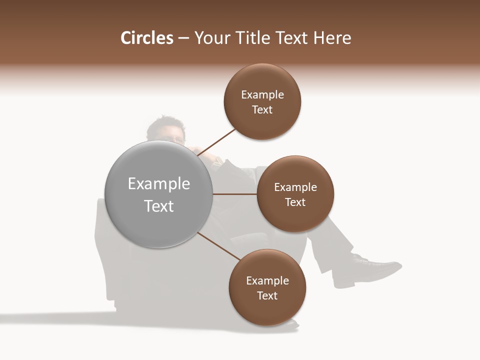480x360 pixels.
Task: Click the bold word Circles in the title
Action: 146,38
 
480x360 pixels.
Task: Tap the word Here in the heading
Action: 332,38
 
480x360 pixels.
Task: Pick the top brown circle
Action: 262,125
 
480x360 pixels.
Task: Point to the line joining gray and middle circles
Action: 235,194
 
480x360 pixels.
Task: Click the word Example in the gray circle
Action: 159,184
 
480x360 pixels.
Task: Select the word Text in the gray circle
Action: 159,206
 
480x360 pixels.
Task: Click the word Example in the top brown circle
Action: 262,95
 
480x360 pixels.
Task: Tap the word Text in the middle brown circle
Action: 295,202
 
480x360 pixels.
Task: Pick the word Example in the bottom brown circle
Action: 267,281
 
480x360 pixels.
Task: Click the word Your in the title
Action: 209,38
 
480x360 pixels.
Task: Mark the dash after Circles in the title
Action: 183,38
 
